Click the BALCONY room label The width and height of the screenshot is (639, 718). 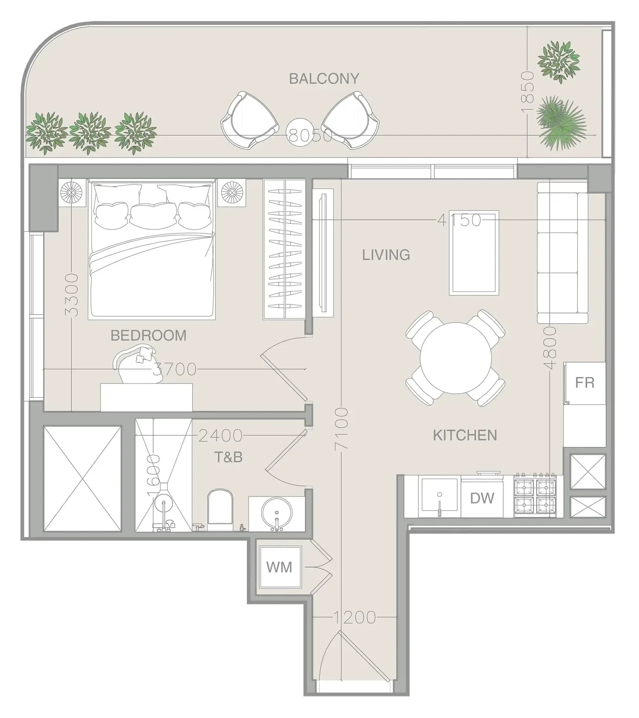324,78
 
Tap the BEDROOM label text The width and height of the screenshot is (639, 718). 149,335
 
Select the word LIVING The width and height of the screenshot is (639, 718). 386,255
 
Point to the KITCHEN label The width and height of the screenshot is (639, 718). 465,435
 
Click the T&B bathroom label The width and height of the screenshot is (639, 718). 228,457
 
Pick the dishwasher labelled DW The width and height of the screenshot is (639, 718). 482,498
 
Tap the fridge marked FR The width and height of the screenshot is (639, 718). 585,383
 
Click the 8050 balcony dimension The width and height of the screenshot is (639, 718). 310,135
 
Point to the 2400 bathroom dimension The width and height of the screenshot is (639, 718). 220,436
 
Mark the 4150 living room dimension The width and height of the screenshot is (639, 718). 459,220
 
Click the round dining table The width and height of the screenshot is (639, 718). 456,358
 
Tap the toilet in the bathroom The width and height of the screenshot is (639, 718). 220,509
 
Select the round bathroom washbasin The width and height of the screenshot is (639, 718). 277,513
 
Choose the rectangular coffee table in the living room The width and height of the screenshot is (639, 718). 474,253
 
